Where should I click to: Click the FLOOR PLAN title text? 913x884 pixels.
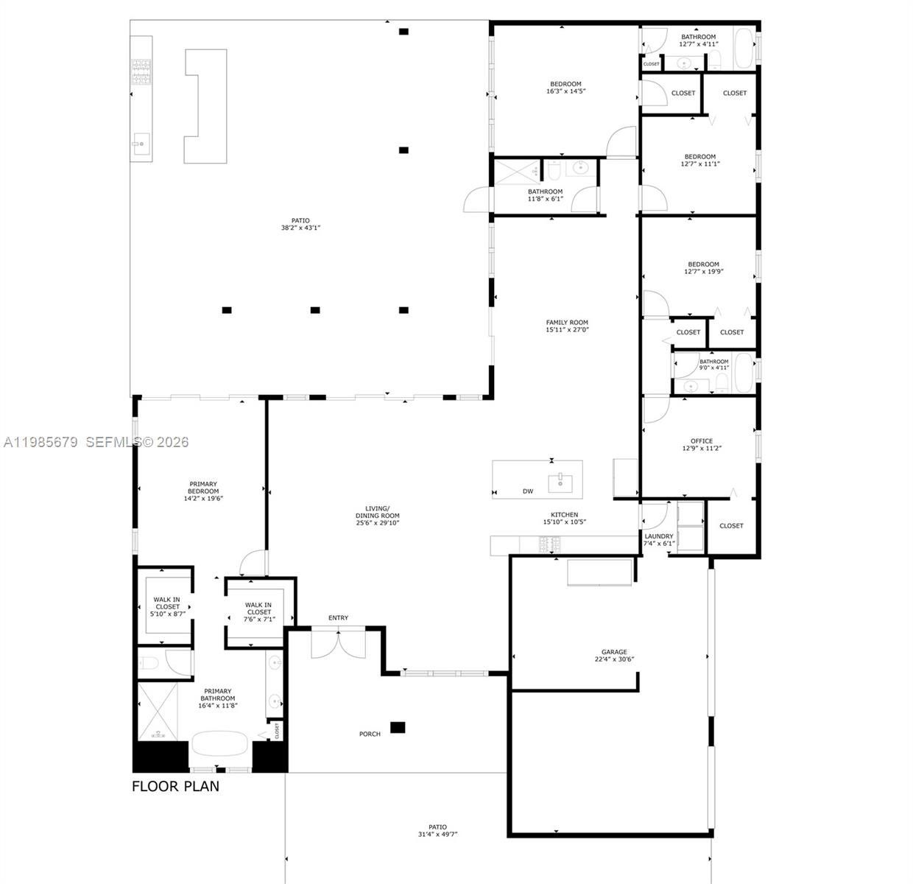(x=175, y=786)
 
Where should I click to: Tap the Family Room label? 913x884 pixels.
(x=567, y=323)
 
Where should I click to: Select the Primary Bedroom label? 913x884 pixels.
(x=203, y=488)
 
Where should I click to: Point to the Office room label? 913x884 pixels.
(x=701, y=441)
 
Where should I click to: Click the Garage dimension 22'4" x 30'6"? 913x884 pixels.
(x=614, y=660)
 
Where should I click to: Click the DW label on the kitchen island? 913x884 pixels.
(x=528, y=491)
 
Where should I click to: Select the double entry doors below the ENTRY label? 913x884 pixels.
(x=338, y=644)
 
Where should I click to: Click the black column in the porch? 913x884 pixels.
(x=398, y=727)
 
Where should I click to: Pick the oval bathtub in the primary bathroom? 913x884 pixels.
(x=220, y=743)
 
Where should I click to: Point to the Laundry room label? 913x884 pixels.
(x=659, y=536)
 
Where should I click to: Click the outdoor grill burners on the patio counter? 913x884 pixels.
(x=141, y=71)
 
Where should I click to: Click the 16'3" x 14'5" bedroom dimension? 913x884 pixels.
(x=565, y=92)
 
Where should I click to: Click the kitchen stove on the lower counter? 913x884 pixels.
(x=550, y=545)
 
